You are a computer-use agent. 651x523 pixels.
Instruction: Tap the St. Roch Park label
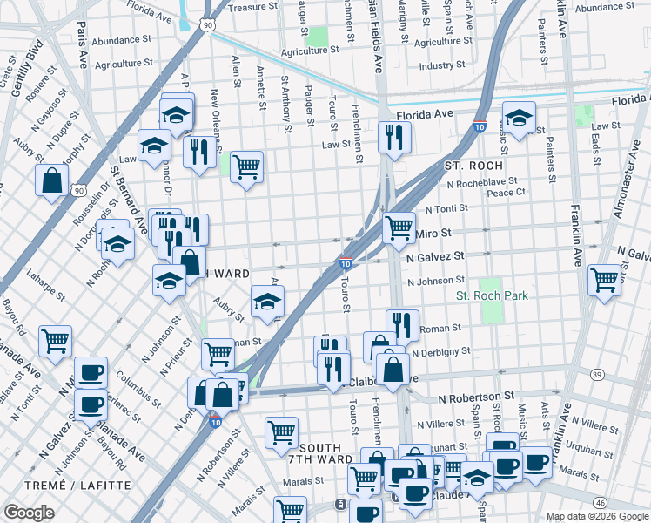coord(493,295)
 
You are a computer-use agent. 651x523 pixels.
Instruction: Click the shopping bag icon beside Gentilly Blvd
coord(53,180)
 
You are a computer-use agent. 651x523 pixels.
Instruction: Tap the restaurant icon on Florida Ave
coord(394,137)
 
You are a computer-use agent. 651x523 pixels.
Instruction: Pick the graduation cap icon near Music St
coord(519,118)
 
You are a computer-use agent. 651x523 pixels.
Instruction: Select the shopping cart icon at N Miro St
coord(399,228)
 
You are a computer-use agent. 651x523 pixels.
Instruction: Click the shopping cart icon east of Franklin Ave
coord(604,281)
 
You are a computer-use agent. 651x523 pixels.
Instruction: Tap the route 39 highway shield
coord(596,374)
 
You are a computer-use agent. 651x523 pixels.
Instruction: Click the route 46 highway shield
coord(600,503)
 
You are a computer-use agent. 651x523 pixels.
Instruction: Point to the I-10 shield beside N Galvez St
coord(346,263)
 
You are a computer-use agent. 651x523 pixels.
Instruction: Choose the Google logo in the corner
coord(29,513)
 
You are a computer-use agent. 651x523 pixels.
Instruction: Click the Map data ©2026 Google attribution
coord(596,516)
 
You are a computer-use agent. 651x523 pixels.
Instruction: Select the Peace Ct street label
coord(509,192)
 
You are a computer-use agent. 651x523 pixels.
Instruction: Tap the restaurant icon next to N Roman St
coord(402,324)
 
